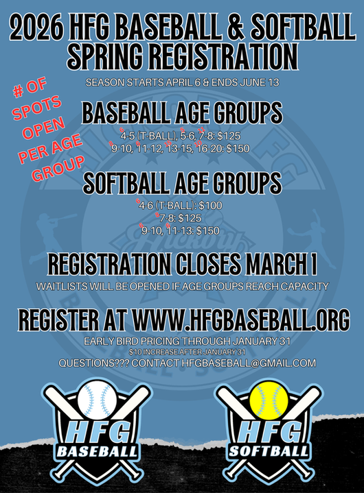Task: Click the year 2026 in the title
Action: [42, 28]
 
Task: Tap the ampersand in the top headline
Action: [243, 28]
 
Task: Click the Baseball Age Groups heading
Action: [182, 112]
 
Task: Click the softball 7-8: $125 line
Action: [182, 218]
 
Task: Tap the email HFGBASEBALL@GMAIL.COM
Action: [249, 363]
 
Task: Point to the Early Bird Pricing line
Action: [182, 341]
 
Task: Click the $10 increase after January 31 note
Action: [182, 351]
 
